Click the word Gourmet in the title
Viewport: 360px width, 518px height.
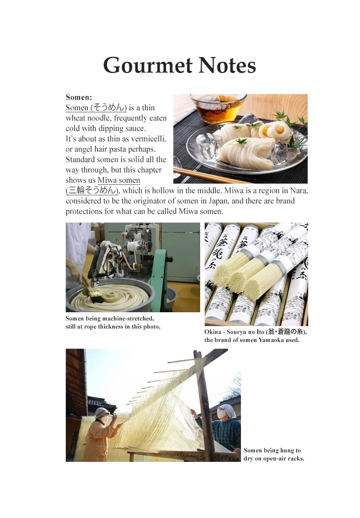click(x=148, y=65)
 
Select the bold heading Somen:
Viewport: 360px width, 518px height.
click(x=79, y=97)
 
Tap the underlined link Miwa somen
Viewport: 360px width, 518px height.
click(x=119, y=180)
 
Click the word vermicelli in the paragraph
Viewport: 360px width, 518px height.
click(x=148, y=139)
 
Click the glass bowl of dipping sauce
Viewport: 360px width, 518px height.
click(x=218, y=108)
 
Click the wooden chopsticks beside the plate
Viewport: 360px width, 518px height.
click(x=212, y=176)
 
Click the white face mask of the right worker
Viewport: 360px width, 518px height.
click(x=221, y=413)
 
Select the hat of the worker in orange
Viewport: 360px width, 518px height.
click(x=101, y=412)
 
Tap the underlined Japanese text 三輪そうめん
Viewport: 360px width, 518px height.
click(x=93, y=190)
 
